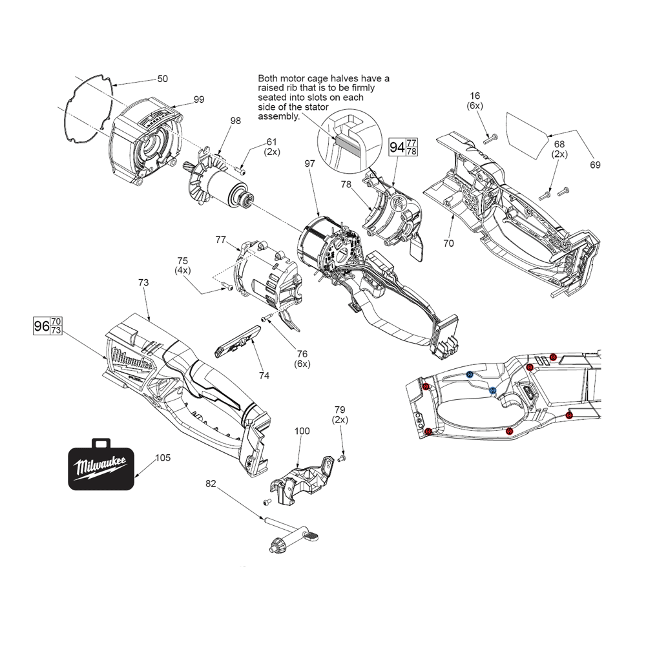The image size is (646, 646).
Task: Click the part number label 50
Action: (163, 79)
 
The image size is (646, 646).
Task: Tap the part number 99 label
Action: (199, 99)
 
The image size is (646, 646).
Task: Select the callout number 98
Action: (235, 120)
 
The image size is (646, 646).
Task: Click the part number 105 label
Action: (163, 458)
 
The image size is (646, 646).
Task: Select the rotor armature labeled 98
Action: (218, 183)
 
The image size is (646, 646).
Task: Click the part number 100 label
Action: (302, 431)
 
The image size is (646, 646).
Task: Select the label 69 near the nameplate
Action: (594, 165)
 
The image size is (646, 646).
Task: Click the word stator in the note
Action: (315, 107)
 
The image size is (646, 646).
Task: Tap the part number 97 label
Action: (309, 164)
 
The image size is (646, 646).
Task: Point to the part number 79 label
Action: (340, 410)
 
